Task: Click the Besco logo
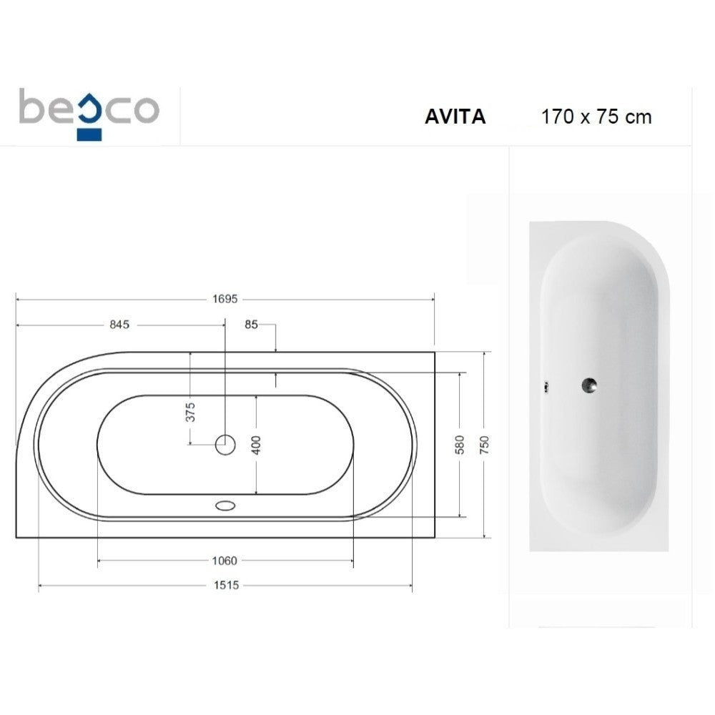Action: click(89, 114)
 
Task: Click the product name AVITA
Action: click(455, 117)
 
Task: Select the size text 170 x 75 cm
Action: click(596, 117)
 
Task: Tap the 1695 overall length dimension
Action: click(225, 299)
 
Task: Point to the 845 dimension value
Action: click(119, 324)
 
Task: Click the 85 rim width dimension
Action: click(251, 324)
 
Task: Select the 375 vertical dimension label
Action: click(190, 412)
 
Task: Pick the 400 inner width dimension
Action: click(256, 445)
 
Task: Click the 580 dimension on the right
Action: click(459, 445)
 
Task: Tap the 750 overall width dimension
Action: click(484, 445)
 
